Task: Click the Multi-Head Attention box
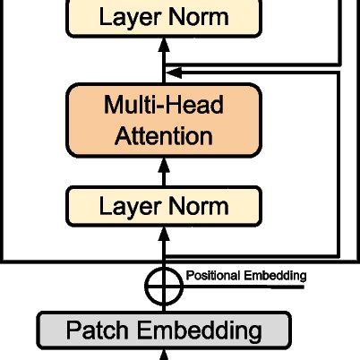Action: point(164,121)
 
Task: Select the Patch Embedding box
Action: point(164,330)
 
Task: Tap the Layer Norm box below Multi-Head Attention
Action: point(164,206)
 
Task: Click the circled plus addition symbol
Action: point(164,286)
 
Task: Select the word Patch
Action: point(98,330)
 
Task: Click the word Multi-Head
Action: point(164,107)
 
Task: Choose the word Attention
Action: point(164,136)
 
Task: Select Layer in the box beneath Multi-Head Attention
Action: point(124,206)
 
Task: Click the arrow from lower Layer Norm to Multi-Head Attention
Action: point(164,169)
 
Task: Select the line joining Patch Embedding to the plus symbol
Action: point(164,306)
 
